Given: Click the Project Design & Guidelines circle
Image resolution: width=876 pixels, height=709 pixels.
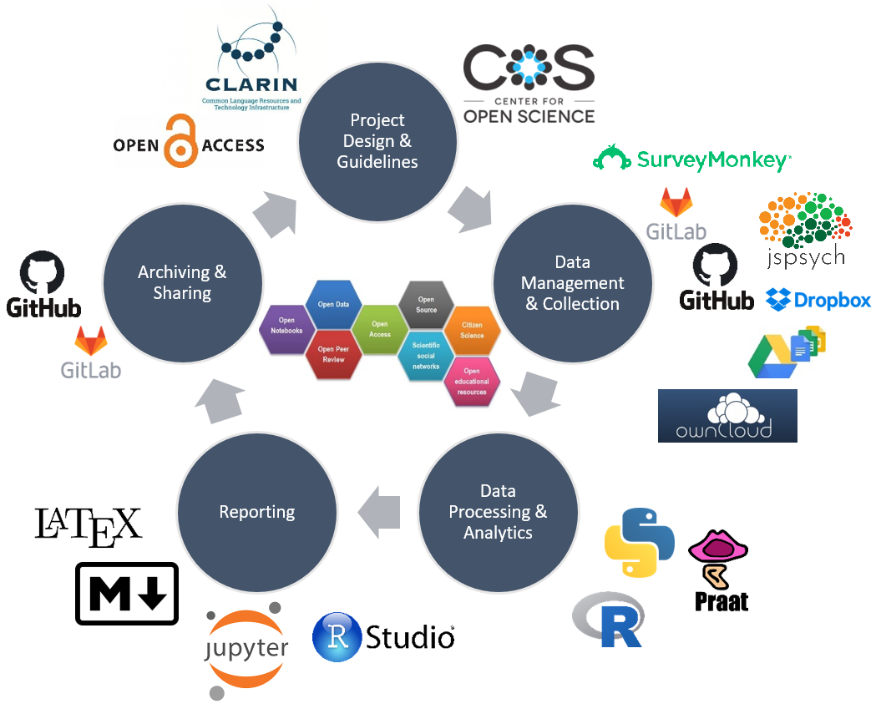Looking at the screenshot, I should tap(377, 141).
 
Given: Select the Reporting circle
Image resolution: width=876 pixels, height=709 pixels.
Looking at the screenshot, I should tap(257, 511).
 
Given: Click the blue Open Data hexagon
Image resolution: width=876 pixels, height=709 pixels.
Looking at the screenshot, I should tap(333, 305).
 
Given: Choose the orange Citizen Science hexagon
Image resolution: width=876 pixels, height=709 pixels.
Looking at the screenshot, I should tap(472, 330).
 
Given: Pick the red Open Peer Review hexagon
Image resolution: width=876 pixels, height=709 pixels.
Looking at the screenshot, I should tap(333, 354).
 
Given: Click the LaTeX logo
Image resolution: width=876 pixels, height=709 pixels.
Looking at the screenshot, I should tap(89, 526).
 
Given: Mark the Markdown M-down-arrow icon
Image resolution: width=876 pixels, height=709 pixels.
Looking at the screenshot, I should tap(127, 593).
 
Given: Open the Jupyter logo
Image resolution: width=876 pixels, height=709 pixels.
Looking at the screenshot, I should tap(248, 650).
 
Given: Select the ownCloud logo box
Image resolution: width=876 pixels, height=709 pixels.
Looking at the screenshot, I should tap(727, 415).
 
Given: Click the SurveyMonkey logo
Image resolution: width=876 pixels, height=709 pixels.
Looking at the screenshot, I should tap(691, 159).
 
